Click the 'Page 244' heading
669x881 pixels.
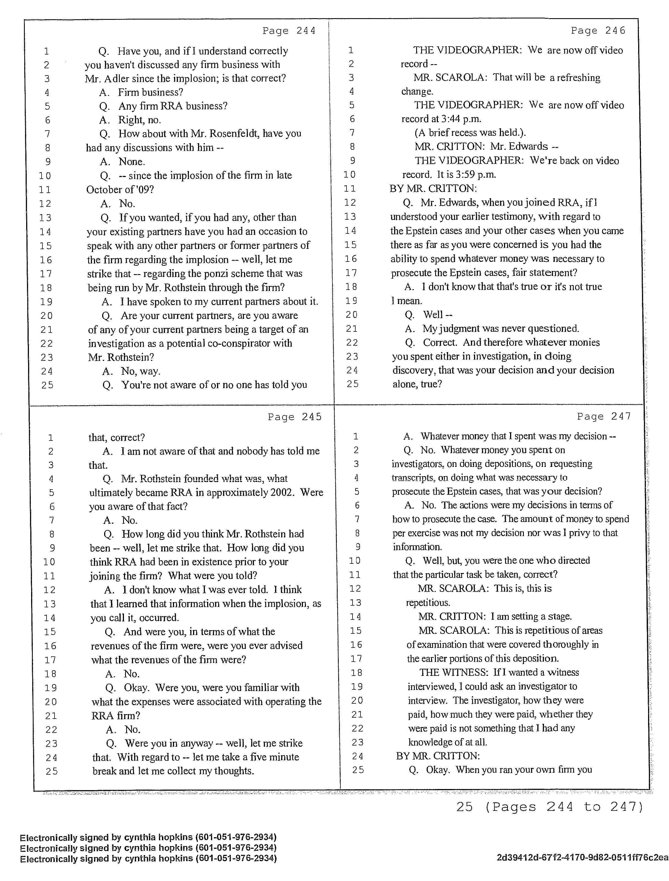coord(289,31)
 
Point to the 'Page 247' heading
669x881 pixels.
coord(604,416)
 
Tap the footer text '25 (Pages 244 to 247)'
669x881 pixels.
coord(549,807)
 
